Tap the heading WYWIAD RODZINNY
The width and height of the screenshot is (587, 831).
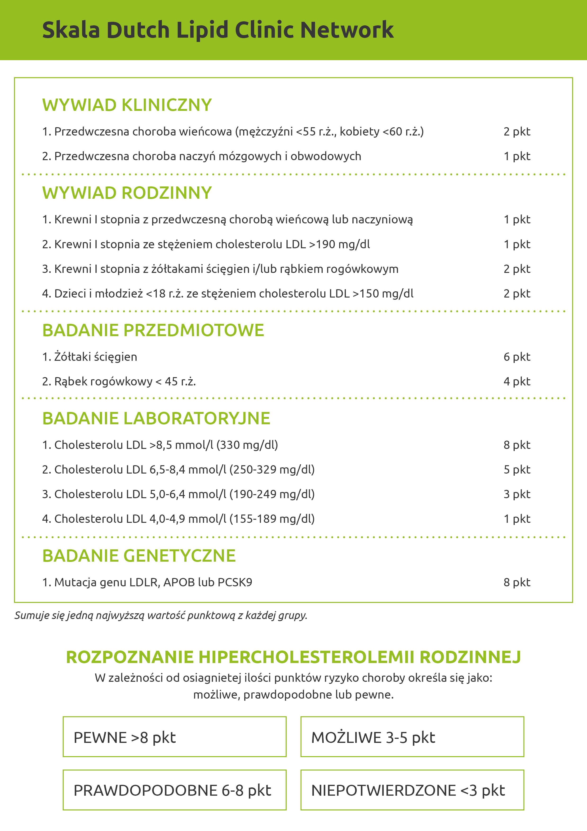point(127,193)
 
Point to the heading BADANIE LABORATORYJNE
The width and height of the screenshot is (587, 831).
point(156,418)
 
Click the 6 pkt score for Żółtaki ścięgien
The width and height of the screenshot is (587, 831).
point(517,357)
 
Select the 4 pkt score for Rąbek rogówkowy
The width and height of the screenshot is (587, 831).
point(517,381)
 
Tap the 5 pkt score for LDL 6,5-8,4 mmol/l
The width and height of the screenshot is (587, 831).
point(517,470)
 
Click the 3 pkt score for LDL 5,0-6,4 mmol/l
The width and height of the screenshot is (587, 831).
point(517,494)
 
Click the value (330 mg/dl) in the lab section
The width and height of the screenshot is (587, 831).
point(247,445)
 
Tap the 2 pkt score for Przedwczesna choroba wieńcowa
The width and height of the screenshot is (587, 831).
point(517,132)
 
